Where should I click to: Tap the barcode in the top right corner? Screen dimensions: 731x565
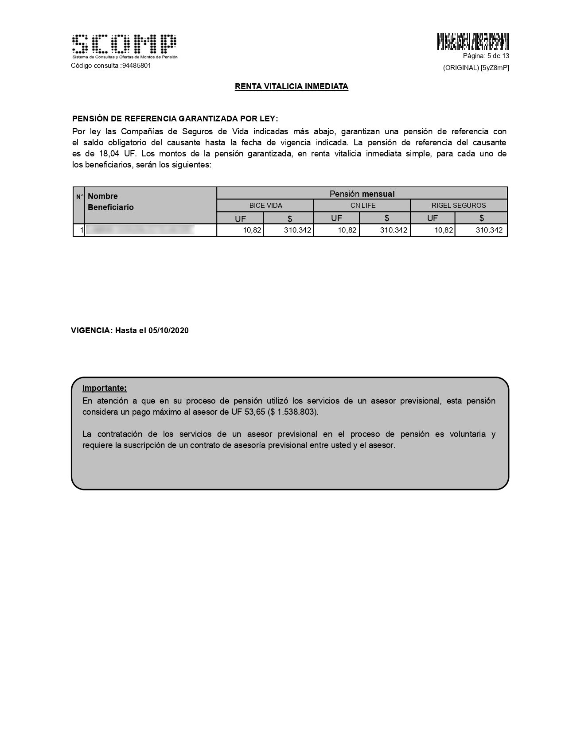click(x=473, y=42)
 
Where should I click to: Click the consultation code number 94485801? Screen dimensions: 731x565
click(x=136, y=66)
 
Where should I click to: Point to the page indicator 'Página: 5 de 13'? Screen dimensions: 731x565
click(x=486, y=56)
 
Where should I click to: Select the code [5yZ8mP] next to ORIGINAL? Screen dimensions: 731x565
click(x=495, y=68)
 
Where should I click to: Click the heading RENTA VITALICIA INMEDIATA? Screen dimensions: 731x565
click(x=291, y=87)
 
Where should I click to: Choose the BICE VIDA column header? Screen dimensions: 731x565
click(x=265, y=206)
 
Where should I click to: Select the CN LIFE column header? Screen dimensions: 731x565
click(x=362, y=206)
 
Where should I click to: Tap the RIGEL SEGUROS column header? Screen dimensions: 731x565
click(x=459, y=206)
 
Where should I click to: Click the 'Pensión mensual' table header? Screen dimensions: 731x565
click(x=362, y=194)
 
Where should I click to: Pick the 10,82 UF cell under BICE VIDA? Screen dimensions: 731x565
click(x=252, y=230)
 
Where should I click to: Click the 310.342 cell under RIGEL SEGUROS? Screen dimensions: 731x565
click(x=489, y=230)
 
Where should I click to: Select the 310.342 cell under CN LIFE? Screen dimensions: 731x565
click(x=394, y=230)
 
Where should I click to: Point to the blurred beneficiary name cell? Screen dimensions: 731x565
click(x=140, y=230)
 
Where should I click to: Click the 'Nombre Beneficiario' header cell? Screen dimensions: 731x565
click(x=111, y=202)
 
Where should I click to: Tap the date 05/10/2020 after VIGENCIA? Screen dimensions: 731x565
click(x=168, y=331)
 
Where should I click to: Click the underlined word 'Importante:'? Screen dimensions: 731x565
click(x=105, y=388)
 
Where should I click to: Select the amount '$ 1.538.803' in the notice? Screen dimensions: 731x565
click(x=293, y=412)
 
